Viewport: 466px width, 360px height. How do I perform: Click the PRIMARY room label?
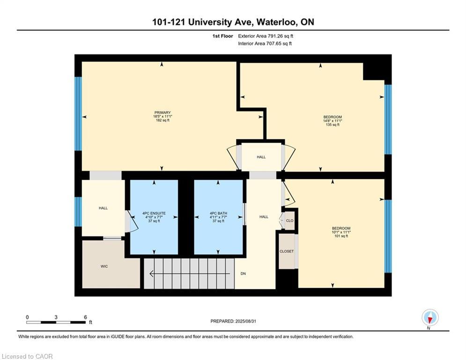pyautogui.click(x=162, y=112)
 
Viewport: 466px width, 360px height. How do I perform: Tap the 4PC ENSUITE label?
pyautogui.click(x=154, y=213)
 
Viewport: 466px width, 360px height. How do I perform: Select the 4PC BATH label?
pyautogui.click(x=218, y=213)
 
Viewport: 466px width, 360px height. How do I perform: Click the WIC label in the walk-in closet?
pyautogui.click(x=104, y=266)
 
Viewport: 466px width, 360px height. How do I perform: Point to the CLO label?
pyautogui.click(x=289, y=221)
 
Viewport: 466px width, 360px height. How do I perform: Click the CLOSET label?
pyautogui.click(x=287, y=251)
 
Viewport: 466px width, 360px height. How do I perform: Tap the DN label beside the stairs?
pyautogui.click(x=243, y=274)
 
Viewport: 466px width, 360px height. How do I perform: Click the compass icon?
pyautogui.click(x=429, y=318)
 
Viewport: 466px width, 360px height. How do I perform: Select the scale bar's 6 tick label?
pyautogui.click(x=85, y=317)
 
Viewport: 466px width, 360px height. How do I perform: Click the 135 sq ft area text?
pyautogui.click(x=333, y=125)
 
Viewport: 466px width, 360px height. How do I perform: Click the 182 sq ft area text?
pyautogui.click(x=162, y=120)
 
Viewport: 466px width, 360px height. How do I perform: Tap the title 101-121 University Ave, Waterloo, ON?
pyautogui.click(x=233, y=22)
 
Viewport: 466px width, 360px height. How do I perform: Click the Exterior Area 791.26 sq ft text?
pyautogui.click(x=266, y=36)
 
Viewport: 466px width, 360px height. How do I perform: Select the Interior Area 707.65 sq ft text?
pyautogui.click(x=265, y=44)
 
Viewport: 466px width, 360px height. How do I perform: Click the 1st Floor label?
pyautogui.click(x=222, y=36)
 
